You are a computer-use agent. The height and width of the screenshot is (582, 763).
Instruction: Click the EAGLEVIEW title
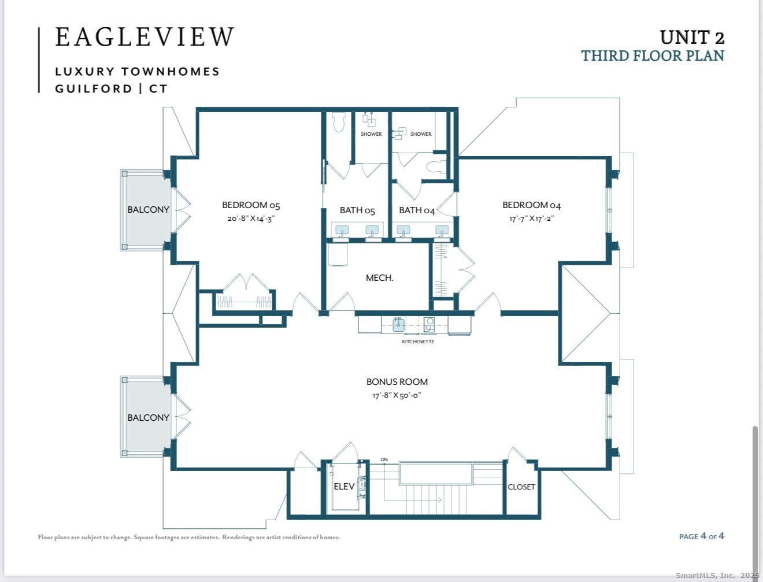click(145, 36)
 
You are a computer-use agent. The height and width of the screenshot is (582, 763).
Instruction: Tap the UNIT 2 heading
click(692, 38)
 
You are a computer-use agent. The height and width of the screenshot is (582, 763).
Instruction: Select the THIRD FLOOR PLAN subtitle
click(653, 56)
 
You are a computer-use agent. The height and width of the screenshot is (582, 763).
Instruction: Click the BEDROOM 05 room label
click(251, 205)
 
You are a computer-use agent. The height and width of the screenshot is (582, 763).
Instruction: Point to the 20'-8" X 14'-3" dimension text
click(251, 218)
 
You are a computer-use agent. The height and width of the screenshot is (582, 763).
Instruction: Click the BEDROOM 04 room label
click(531, 205)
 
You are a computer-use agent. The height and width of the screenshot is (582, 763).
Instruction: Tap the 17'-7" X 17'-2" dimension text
click(531, 218)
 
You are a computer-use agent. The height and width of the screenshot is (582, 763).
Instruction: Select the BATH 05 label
click(357, 210)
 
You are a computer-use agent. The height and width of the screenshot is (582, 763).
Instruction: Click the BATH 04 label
click(417, 210)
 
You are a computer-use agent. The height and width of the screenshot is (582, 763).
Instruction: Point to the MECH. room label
click(380, 278)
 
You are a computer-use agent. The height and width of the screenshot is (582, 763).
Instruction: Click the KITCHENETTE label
click(418, 342)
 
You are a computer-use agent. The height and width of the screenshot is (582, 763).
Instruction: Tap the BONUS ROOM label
click(397, 382)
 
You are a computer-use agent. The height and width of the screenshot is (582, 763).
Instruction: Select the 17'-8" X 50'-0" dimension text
click(397, 395)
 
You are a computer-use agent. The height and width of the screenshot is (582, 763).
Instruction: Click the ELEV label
click(344, 487)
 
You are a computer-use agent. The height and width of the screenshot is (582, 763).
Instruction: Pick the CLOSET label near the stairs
click(521, 487)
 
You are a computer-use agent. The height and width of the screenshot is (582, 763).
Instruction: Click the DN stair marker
click(384, 459)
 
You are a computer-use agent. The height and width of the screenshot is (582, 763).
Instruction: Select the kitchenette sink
click(398, 325)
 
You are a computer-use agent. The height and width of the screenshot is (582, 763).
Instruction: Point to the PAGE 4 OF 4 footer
click(702, 536)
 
